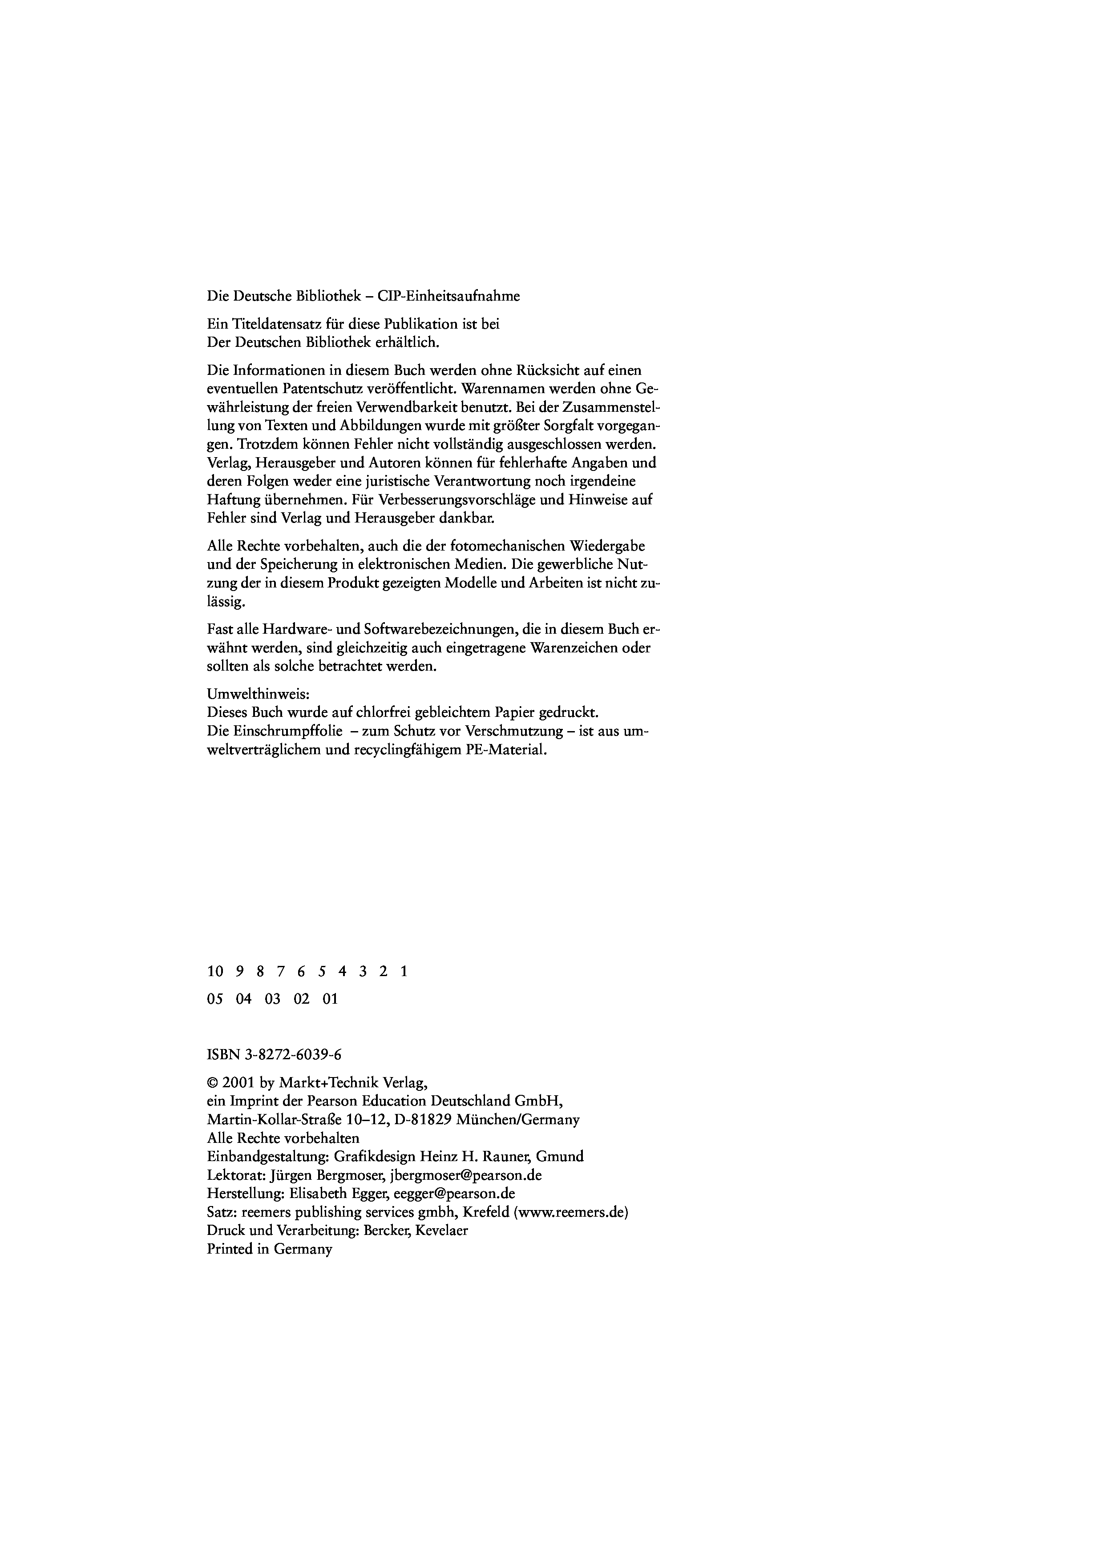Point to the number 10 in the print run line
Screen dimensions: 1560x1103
[x=215, y=972]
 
